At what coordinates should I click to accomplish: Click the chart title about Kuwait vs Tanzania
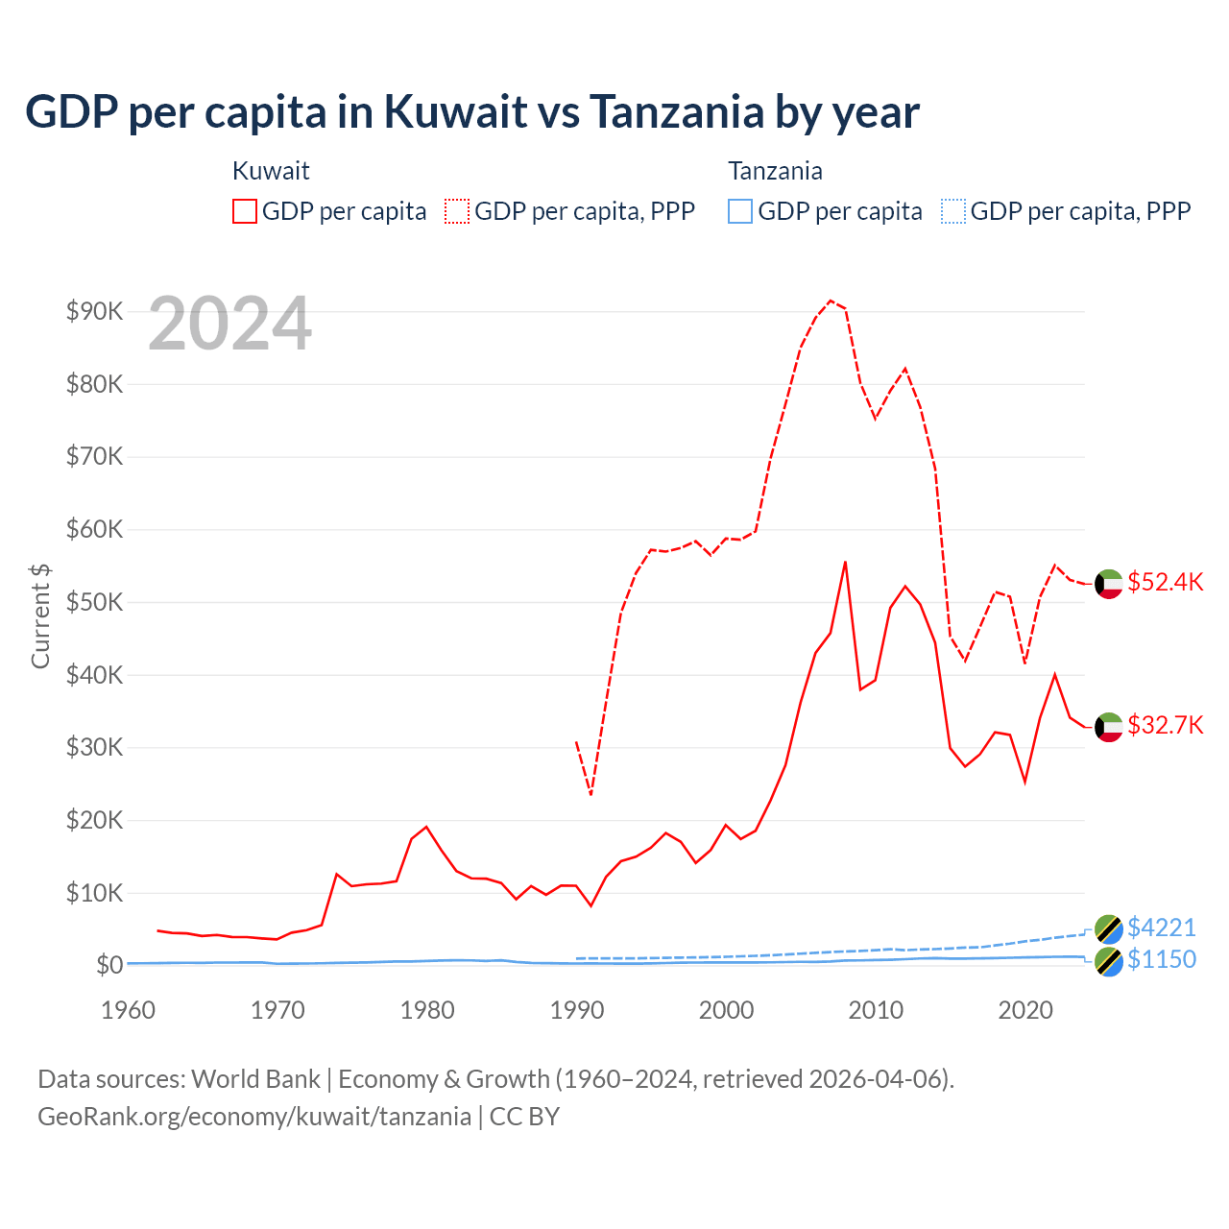472,111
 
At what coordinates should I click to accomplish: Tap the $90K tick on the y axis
94,311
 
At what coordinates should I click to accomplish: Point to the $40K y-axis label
94,675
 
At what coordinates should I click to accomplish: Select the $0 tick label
108,965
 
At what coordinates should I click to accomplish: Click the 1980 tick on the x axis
427,1010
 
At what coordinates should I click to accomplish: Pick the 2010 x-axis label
876,1010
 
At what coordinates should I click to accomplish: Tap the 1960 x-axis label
129,1010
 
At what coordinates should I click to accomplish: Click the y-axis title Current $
40,615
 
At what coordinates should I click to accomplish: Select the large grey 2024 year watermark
230,325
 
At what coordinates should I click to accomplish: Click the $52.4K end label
1165,583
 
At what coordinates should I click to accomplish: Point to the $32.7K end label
1165,725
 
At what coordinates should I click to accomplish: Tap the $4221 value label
1161,928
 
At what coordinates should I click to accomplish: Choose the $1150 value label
1161,959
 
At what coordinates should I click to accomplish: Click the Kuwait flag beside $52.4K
1109,584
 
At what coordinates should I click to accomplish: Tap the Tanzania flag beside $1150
1109,961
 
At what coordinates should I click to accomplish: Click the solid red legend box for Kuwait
245,211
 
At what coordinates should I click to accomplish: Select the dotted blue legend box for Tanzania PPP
953,211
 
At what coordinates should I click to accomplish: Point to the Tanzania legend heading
775,171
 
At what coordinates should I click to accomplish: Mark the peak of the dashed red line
831,301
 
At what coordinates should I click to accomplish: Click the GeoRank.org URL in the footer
254,1117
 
